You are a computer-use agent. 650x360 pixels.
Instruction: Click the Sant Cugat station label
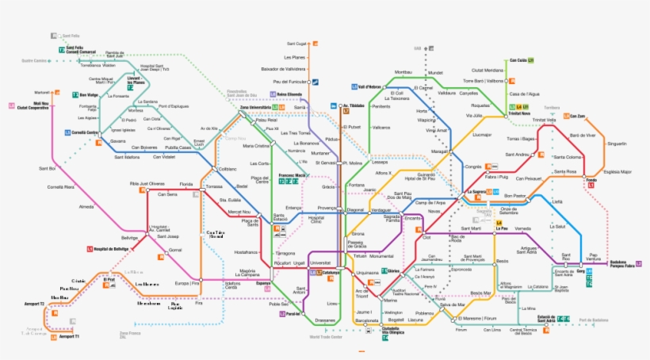(296, 43)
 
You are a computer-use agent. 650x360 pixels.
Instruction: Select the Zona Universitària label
(255, 107)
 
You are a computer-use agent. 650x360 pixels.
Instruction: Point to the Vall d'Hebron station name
(370, 86)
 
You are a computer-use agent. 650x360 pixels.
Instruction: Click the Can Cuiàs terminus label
(518, 60)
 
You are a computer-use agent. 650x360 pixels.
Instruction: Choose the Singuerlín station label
(615, 143)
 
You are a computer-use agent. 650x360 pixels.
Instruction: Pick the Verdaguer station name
(381, 210)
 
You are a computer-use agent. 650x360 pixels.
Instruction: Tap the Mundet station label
(435, 73)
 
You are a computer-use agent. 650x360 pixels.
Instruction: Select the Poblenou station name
(424, 312)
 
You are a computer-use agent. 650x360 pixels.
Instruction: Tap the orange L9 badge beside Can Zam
(564, 117)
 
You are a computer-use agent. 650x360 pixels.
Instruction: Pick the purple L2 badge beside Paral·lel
(281, 314)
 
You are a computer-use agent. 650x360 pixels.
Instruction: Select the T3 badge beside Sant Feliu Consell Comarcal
(61, 50)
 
